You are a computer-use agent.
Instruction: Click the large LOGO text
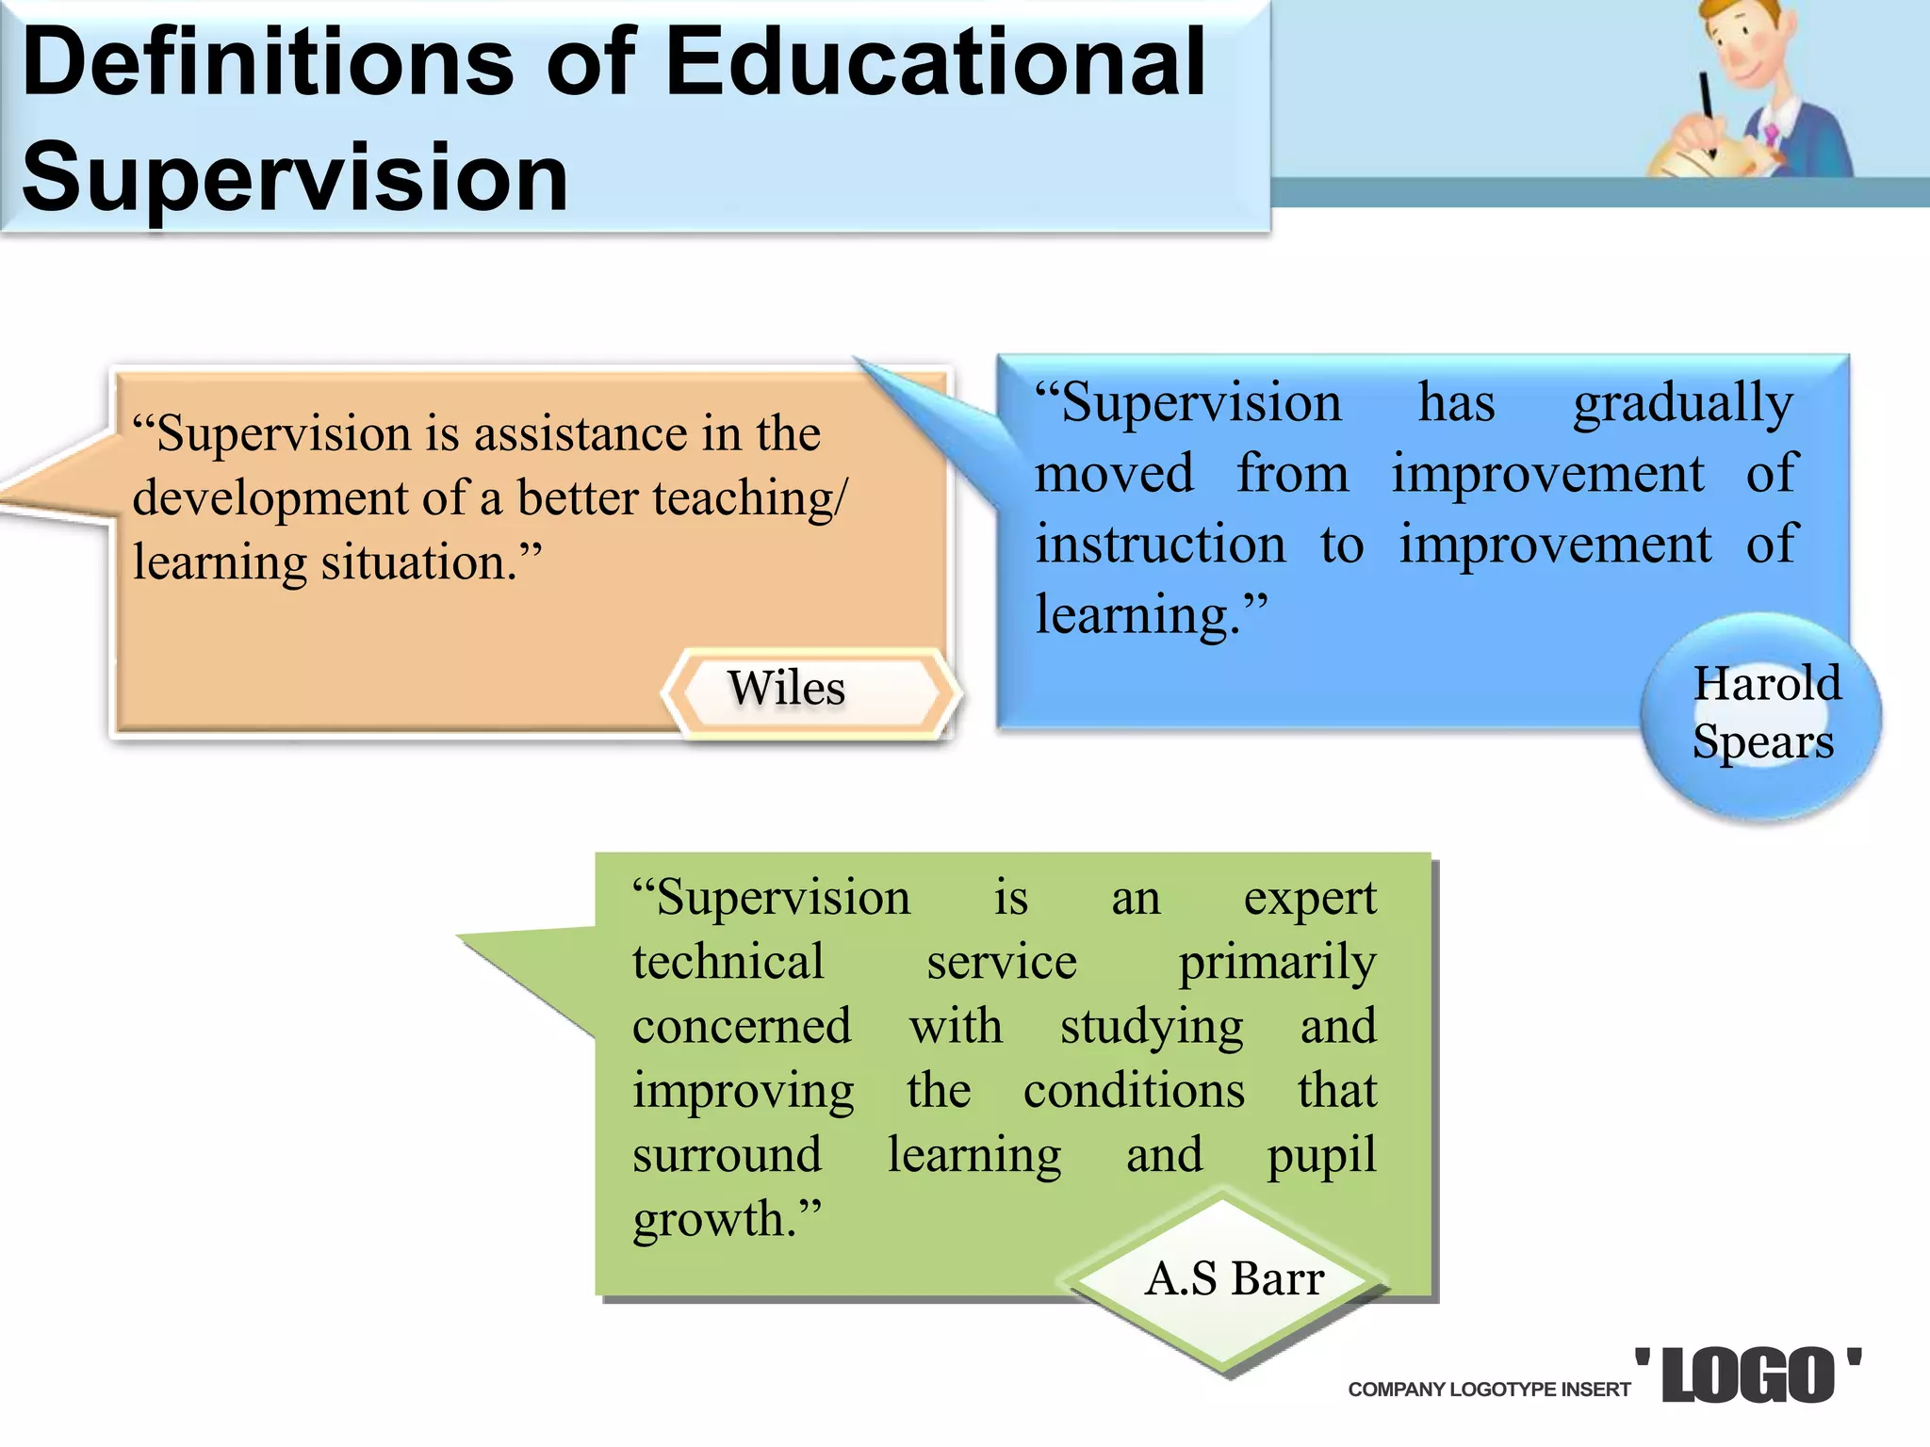pyautogui.click(x=1748, y=1376)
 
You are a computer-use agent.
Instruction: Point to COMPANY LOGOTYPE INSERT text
pyautogui.click(x=1489, y=1390)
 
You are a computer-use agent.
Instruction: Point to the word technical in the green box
pyautogui.click(x=728, y=963)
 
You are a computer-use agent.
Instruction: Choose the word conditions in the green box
pyautogui.click(x=1134, y=1092)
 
